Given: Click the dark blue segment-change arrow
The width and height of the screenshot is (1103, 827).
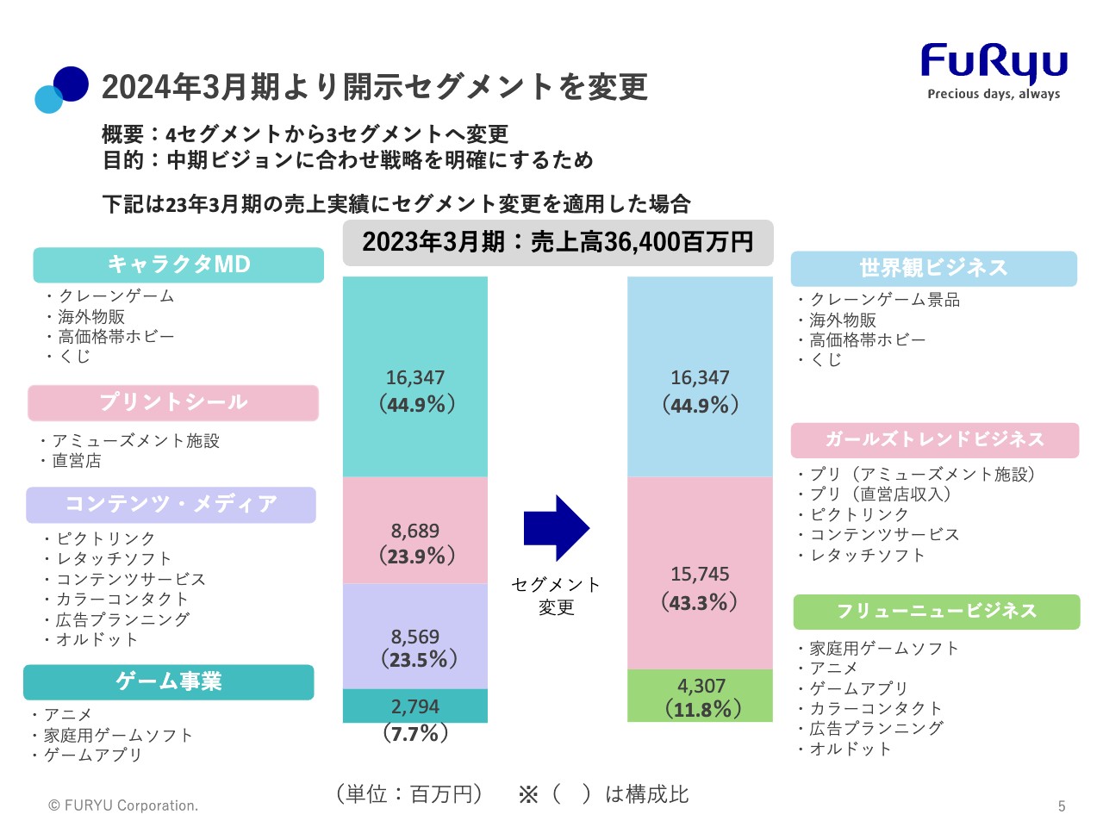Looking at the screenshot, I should [x=556, y=528].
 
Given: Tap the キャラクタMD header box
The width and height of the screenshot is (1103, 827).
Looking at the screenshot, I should [x=178, y=264].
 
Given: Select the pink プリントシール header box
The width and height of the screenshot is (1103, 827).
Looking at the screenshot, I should [x=173, y=402].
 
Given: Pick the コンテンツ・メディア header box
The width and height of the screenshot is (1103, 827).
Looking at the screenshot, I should [x=171, y=505].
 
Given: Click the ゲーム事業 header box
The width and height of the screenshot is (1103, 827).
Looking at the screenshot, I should [x=169, y=681].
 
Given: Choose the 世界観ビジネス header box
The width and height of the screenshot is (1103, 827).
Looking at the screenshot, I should [x=933, y=269].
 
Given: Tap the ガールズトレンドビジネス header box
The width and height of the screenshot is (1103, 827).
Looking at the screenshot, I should [x=934, y=440].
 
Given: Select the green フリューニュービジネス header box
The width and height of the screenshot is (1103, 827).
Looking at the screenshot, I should [x=936, y=612].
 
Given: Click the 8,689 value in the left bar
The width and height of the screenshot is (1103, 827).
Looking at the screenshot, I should [x=414, y=531].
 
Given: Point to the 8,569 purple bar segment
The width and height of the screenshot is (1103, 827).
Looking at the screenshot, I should [x=415, y=637].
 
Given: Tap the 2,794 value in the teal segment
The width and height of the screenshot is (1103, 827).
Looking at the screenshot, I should [x=415, y=706].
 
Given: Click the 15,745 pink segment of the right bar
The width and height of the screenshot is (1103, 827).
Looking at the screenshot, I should [x=700, y=574].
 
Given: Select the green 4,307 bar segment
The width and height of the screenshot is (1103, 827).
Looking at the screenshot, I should [x=701, y=695].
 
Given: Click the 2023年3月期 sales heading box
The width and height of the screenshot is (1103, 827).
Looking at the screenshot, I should [x=558, y=242].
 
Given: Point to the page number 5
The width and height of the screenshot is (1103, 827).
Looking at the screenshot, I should [x=1062, y=806].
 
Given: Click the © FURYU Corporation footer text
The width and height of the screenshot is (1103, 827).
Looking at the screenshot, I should [x=123, y=805].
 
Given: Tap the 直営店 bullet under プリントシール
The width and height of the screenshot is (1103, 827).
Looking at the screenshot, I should [x=76, y=461].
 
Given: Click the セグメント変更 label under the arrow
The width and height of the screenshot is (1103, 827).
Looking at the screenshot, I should [x=556, y=596].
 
